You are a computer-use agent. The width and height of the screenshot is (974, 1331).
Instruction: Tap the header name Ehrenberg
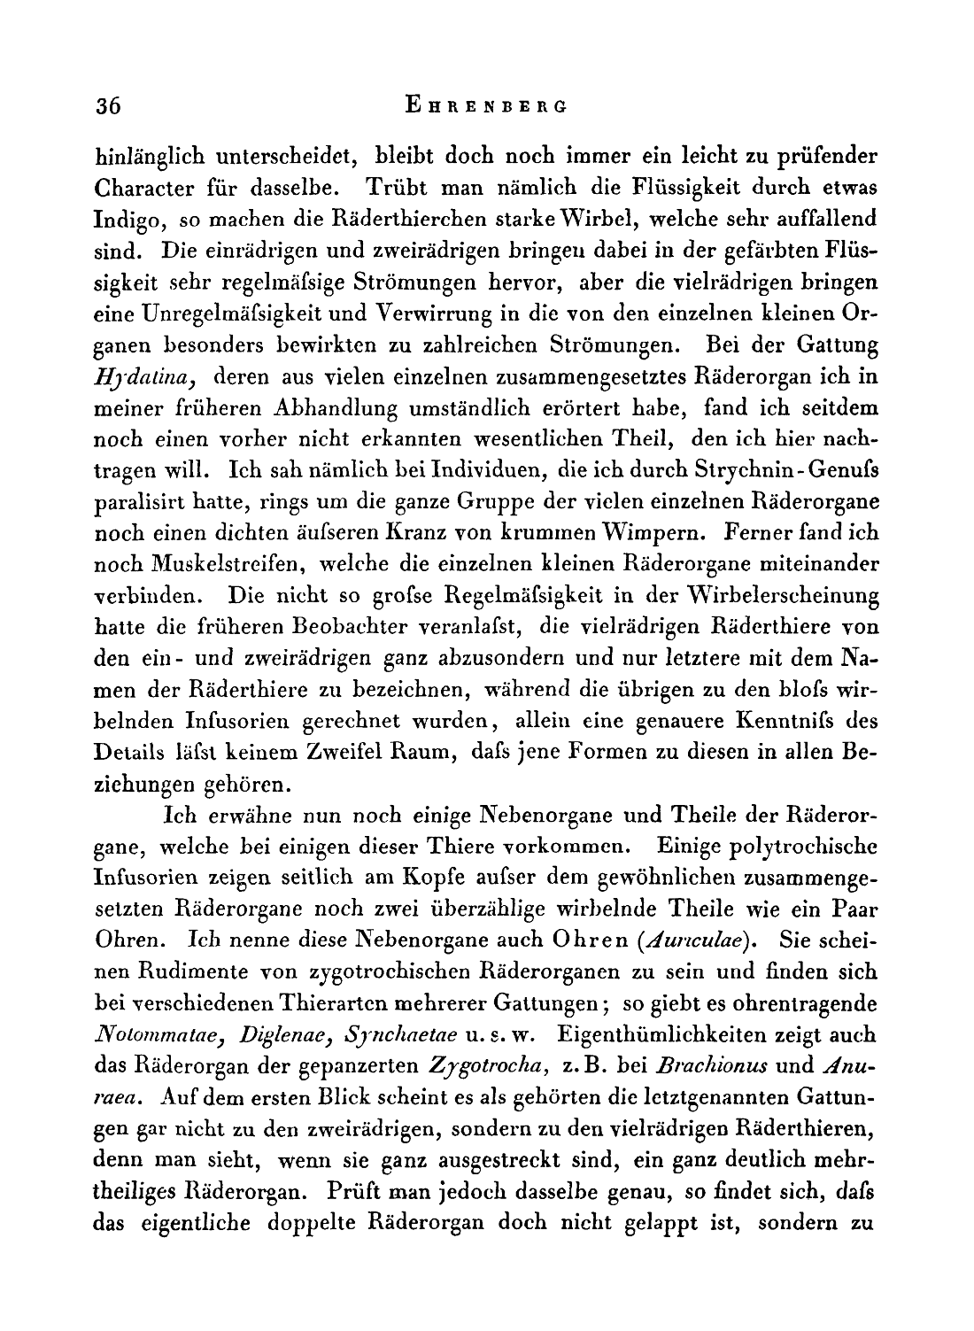pos(484,105)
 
